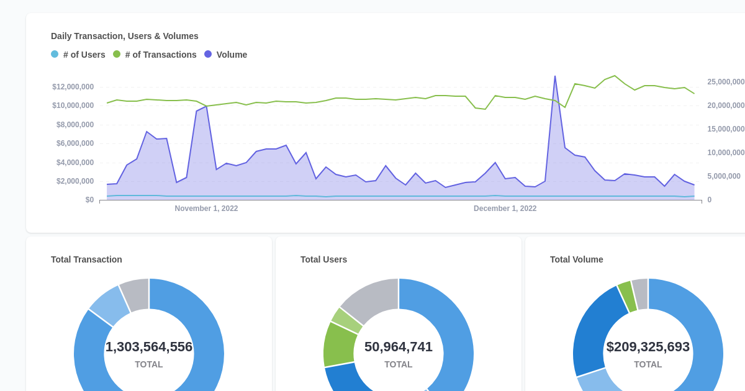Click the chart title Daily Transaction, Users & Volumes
coord(125,36)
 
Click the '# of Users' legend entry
coord(78,55)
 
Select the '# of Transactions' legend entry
coord(155,55)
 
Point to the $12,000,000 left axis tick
coord(73,87)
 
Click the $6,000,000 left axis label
coord(74,143)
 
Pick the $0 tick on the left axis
coord(89,200)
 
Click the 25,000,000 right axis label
coord(726,82)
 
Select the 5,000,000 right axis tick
coord(723,176)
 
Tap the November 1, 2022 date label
coord(206,209)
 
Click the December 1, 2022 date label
coord(505,209)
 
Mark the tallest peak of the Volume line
coord(555,77)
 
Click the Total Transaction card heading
coord(86,259)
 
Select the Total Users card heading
coord(323,259)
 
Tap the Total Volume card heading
coord(576,259)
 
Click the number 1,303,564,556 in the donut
coord(149,347)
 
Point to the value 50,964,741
coord(399,347)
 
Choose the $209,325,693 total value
coord(648,347)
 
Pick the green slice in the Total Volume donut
coord(627,297)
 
